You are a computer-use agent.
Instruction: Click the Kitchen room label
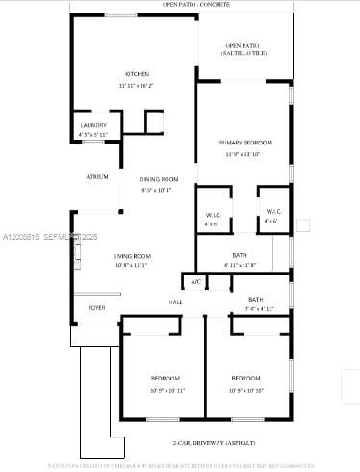[136, 75]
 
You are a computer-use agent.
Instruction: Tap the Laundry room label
[93, 125]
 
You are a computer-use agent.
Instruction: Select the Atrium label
[96, 177]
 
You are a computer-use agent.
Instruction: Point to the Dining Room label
[159, 179]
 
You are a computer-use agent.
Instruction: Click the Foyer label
[96, 308]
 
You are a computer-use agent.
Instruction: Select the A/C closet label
[195, 282]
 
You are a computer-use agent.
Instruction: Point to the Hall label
[176, 302]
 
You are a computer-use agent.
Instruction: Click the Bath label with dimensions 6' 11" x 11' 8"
[240, 255]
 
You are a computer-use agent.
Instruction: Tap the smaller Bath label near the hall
[255, 299]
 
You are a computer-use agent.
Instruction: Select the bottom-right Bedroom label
[245, 378]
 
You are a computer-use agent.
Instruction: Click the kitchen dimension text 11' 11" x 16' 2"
[136, 86]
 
